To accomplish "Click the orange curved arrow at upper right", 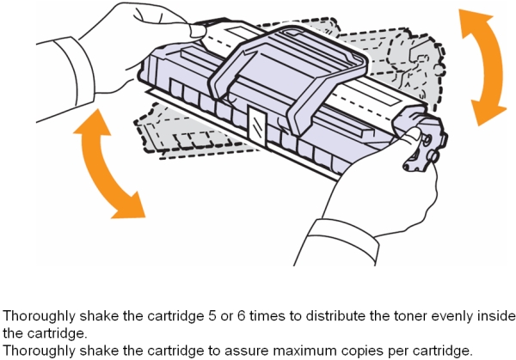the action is (483, 64).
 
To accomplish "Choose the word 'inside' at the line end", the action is (495, 315).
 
